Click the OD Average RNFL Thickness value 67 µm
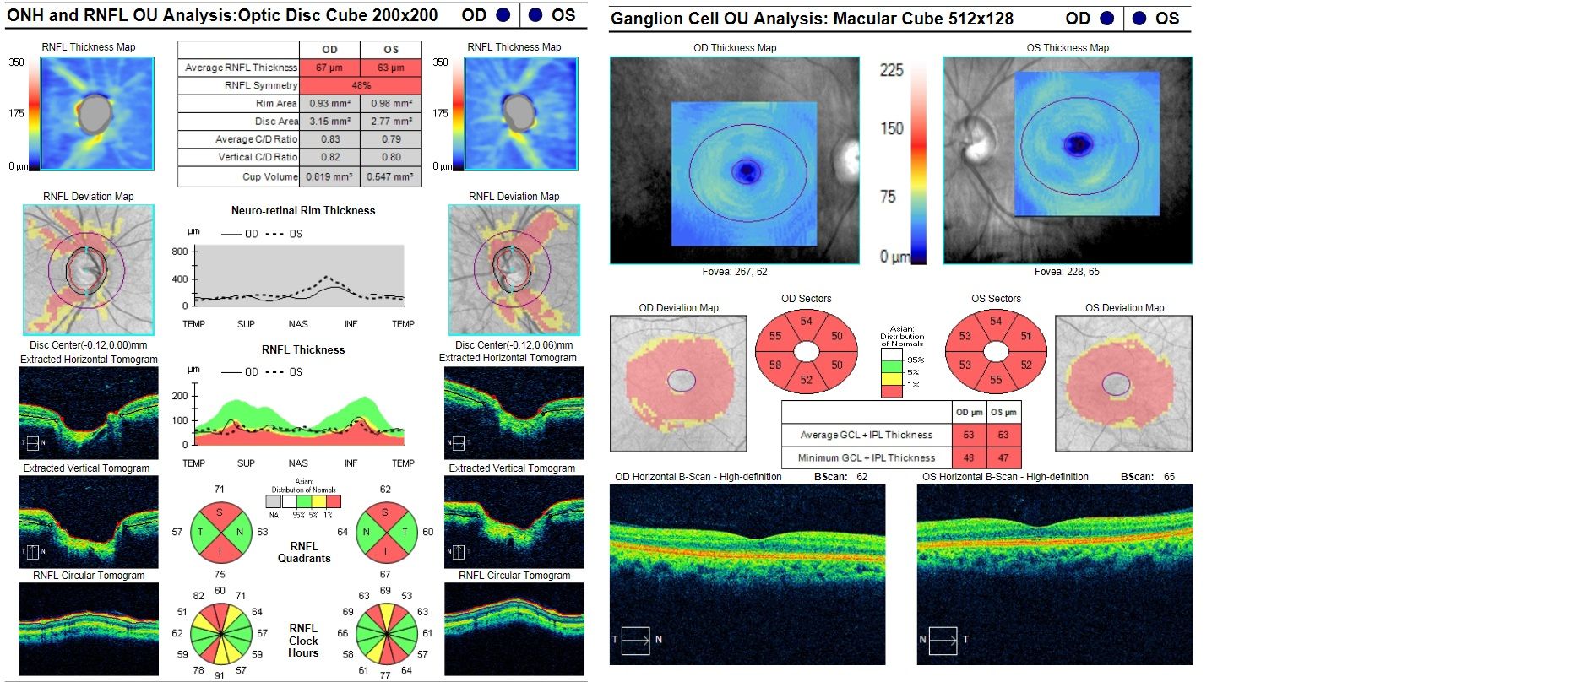click(329, 68)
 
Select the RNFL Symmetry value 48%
click(361, 85)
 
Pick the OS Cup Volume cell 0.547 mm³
click(390, 176)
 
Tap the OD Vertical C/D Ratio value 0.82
click(329, 157)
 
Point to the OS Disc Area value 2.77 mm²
click(390, 122)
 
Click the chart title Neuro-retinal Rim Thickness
click(303, 211)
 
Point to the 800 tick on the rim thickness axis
click(180, 252)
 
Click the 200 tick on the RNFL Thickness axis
click(180, 396)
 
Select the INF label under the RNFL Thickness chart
click(351, 463)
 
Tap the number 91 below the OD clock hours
click(220, 675)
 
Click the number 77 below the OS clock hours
click(385, 675)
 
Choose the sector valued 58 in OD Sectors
click(775, 365)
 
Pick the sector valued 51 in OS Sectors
click(1026, 336)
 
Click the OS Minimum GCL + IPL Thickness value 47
click(1003, 458)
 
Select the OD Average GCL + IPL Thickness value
click(969, 436)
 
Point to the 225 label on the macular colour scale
click(892, 71)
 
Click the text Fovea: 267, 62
click(735, 272)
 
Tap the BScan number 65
click(1169, 477)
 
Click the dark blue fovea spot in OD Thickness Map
click(745, 172)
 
